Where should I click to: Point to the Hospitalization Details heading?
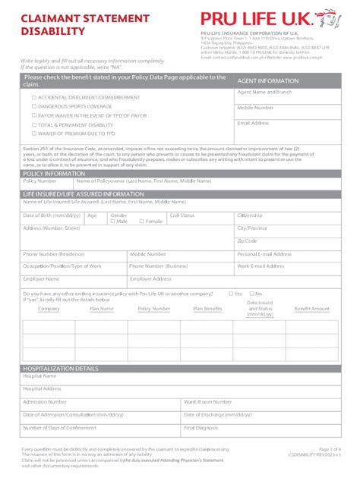pyautogui.click(x=61, y=369)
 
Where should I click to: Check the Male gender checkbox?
pyautogui.click(x=112, y=221)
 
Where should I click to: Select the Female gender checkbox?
pyautogui.click(x=141, y=221)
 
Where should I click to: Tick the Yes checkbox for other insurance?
pyautogui.click(x=230, y=294)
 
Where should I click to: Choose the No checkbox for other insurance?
pyautogui.click(x=251, y=294)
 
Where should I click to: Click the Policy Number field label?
pyautogui.click(x=39, y=181)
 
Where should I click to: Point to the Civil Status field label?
pyautogui.click(x=182, y=215)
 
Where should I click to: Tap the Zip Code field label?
pyautogui.click(x=247, y=241)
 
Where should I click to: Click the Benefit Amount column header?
pyautogui.click(x=312, y=309)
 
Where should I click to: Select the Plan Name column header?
pyautogui.click(x=101, y=309)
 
